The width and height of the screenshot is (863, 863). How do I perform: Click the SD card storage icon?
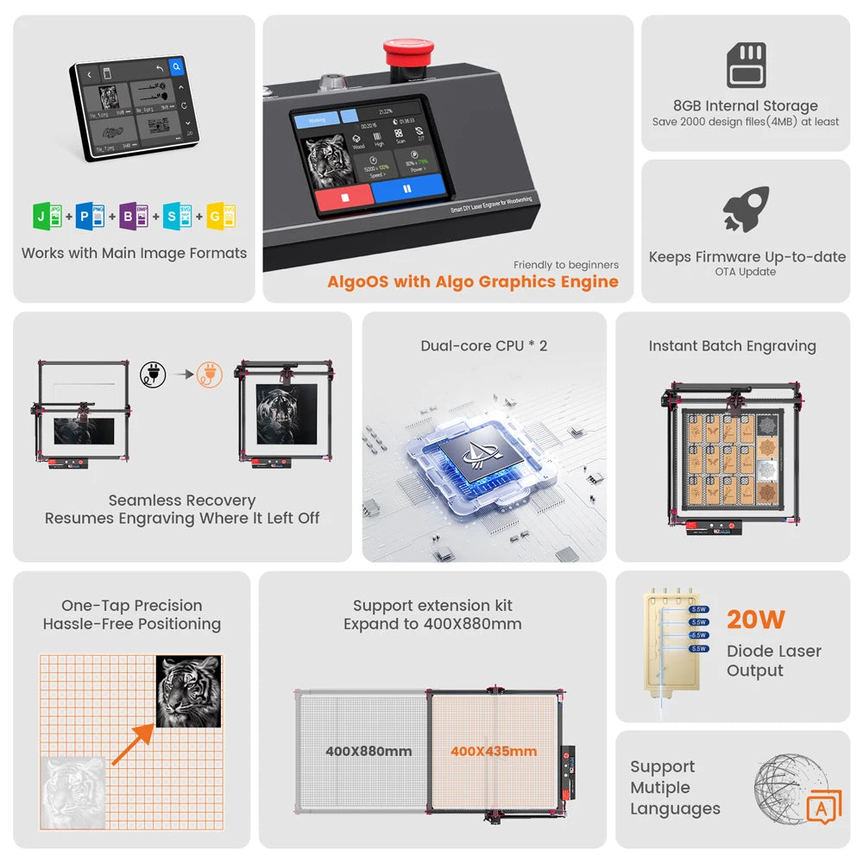[x=746, y=66]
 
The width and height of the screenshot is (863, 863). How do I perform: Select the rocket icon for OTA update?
[x=746, y=210]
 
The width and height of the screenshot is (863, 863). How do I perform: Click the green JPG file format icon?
[x=47, y=216]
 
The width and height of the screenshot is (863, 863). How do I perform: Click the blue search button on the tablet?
[x=177, y=66]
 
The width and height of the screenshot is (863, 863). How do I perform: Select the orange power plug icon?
[x=209, y=375]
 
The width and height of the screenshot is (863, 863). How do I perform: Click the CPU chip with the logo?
[x=483, y=450]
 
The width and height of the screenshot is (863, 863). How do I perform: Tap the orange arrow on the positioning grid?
[x=132, y=744]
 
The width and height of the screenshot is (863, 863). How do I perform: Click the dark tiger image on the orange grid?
[x=189, y=691]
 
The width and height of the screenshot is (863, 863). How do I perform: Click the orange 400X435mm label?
[x=494, y=752]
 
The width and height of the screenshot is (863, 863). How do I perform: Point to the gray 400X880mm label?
[x=369, y=752]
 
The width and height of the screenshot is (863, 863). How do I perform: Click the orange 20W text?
[x=756, y=620]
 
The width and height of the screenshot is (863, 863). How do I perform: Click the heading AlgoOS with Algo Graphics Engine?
[x=473, y=281]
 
